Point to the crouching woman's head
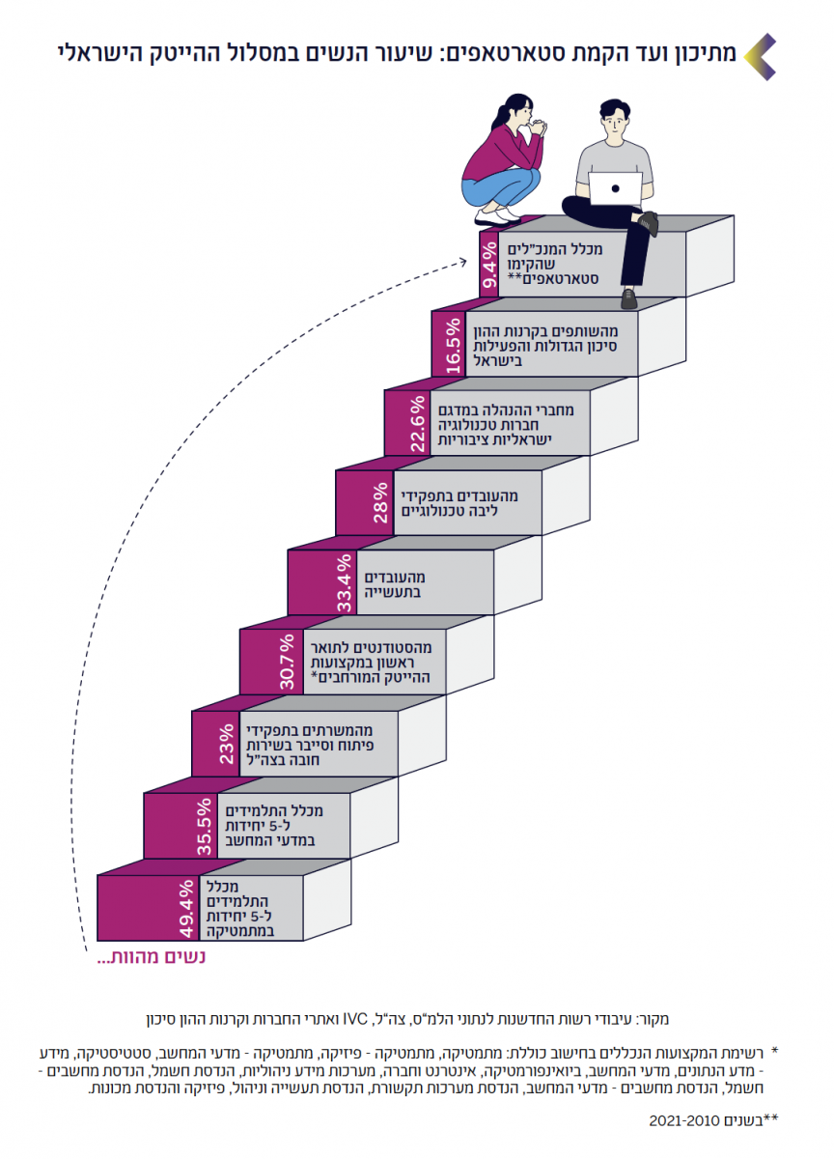[513, 111]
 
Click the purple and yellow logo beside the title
[762, 55]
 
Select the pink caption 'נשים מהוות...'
[153, 959]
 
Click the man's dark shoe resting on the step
[649, 223]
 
